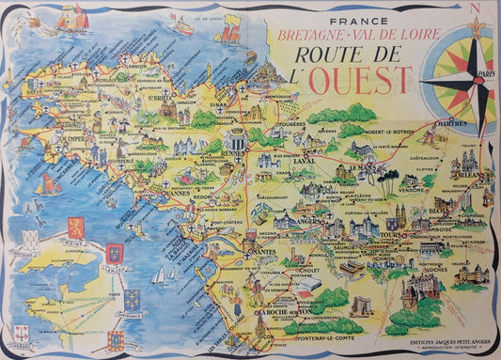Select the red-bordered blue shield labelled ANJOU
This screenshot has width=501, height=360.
point(115,254)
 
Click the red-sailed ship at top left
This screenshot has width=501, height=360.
point(72,17)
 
